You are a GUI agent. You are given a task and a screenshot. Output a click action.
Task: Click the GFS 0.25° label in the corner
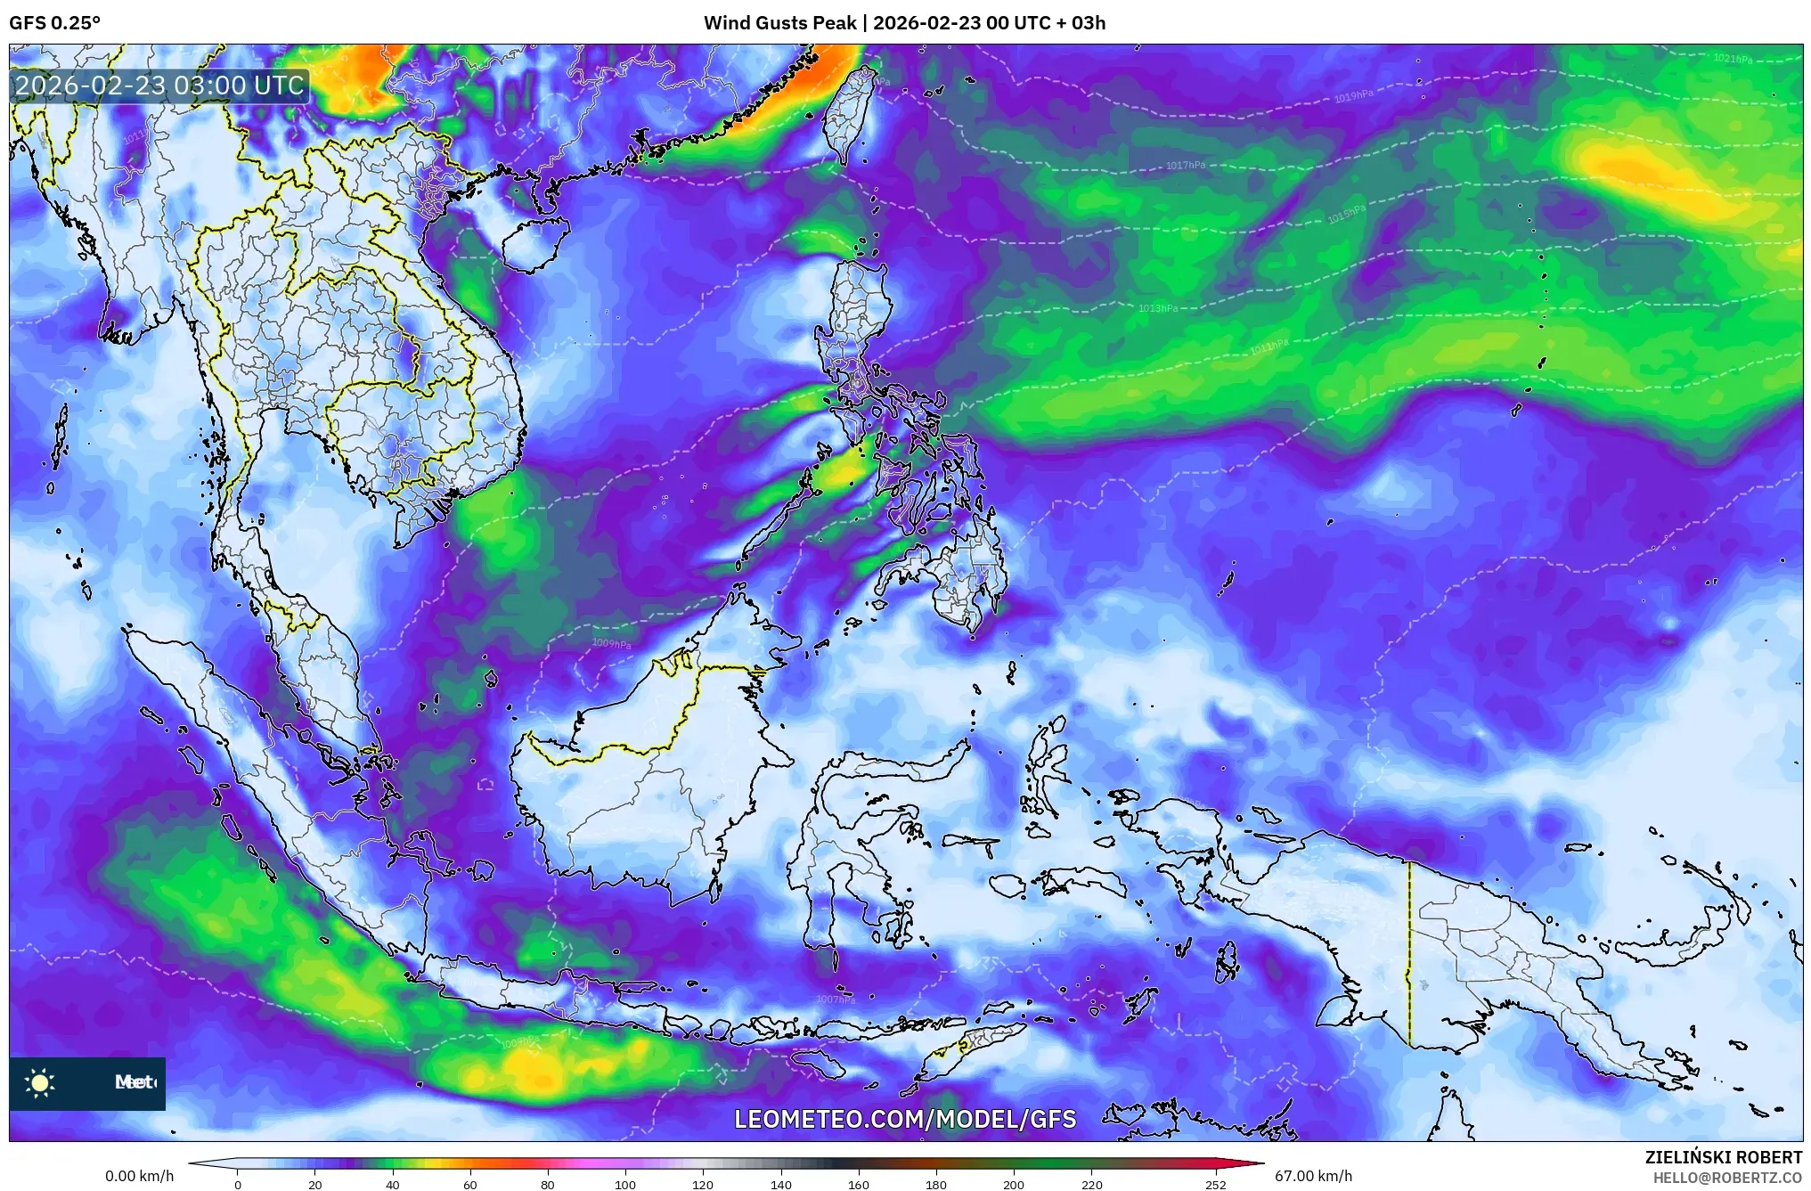click(x=54, y=22)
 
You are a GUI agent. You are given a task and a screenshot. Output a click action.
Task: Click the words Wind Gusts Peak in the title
click(x=780, y=22)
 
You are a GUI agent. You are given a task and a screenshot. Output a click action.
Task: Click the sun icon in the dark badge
click(x=40, y=1082)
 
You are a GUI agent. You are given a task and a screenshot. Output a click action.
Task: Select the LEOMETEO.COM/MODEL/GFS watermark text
click(x=905, y=1119)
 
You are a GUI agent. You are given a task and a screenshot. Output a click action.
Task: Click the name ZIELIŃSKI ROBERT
click(x=1723, y=1157)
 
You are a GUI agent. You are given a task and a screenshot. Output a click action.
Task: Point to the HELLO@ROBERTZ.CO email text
click(x=1727, y=1178)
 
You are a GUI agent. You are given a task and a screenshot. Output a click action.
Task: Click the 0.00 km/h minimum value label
click(x=140, y=1176)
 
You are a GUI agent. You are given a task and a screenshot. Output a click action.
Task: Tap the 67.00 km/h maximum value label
click(x=1313, y=1176)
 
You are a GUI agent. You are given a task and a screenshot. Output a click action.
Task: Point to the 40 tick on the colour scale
click(x=392, y=1185)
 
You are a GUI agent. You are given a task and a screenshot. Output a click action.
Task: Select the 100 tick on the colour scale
click(x=625, y=1185)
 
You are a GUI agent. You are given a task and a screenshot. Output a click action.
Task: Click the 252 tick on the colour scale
click(x=1215, y=1185)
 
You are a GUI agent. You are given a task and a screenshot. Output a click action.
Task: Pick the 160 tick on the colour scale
click(x=859, y=1185)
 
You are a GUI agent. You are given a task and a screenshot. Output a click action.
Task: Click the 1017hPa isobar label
click(x=1186, y=165)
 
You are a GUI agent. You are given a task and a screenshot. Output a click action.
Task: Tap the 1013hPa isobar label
click(x=1158, y=308)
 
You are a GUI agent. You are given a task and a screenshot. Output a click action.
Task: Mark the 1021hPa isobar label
click(x=1733, y=59)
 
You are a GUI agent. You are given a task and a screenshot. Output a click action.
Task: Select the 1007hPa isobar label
click(x=836, y=999)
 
